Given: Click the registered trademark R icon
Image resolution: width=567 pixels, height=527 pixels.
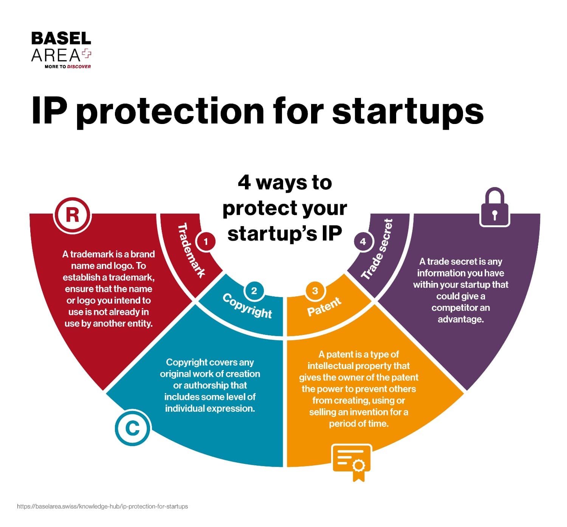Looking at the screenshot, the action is (72, 215).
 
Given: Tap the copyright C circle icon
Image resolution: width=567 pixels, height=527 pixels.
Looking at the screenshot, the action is (132, 428).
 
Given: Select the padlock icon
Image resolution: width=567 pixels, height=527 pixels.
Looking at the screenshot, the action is (495, 207).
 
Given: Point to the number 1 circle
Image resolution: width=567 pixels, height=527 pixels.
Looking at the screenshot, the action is (206, 242).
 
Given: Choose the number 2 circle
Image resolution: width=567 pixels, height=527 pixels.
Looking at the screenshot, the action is (254, 291).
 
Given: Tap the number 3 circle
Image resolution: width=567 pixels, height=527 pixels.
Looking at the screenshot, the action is (315, 291).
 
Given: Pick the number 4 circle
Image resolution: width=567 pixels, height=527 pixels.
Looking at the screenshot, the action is (363, 242).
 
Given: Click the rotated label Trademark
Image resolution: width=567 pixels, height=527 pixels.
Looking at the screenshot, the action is (191, 250).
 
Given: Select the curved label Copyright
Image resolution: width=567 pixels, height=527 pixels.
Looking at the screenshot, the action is (247, 306).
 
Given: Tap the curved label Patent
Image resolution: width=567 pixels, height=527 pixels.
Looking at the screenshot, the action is (324, 307).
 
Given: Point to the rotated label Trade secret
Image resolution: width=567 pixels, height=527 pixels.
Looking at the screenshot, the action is (377, 249).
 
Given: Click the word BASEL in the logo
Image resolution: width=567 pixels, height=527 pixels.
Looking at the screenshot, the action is (61, 38).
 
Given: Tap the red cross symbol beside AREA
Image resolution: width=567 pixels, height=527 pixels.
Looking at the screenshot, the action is (87, 54).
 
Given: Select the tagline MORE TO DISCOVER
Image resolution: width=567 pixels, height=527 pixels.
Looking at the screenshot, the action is (68, 67).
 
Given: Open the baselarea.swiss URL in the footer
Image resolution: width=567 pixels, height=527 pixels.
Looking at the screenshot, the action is (102, 507).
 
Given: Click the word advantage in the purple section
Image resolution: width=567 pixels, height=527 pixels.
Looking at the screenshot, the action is (460, 319).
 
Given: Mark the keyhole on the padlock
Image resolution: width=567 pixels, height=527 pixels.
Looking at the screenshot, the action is (495, 215).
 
